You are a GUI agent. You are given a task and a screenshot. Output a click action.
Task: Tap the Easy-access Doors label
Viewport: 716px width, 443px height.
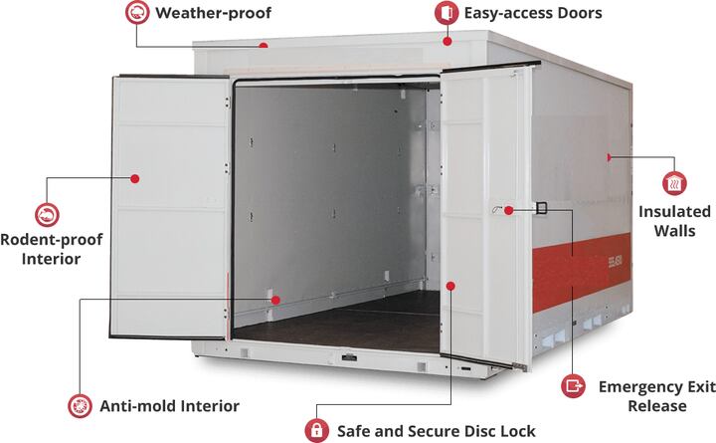[x=532, y=14]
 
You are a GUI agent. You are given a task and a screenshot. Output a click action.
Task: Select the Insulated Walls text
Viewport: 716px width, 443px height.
[x=674, y=221]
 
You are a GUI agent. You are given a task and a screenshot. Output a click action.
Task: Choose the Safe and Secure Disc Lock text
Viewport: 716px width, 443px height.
[x=436, y=431]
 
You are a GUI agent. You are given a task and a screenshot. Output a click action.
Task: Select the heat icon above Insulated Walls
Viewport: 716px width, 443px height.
[x=674, y=182]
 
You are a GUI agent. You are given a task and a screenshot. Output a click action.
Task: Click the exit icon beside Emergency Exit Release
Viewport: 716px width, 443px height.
[x=574, y=385]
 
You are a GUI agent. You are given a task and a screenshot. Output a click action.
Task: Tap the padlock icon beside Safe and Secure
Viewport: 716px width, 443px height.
[x=316, y=431]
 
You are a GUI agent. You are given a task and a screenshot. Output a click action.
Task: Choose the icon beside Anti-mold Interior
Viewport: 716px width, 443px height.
[x=79, y=406]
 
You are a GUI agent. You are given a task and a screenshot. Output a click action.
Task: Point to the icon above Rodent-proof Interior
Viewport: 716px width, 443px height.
[x=46, y=213]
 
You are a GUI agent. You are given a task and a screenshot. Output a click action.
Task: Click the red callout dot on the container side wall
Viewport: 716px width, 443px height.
[x=609, y=157]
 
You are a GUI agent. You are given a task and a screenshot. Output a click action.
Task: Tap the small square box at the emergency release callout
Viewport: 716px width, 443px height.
[x=541, y=208]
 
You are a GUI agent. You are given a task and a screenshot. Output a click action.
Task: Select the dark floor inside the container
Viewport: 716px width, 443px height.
[x=328, y=324]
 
